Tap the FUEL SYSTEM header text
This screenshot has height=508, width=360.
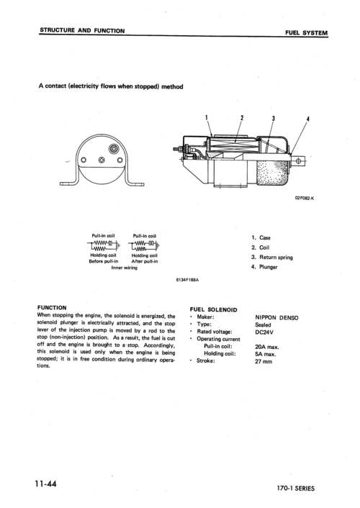306,32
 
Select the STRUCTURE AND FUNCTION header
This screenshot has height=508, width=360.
82,31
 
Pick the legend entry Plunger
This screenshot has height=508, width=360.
265,267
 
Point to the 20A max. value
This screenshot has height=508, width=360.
267,347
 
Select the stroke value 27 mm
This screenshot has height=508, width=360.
264,362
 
